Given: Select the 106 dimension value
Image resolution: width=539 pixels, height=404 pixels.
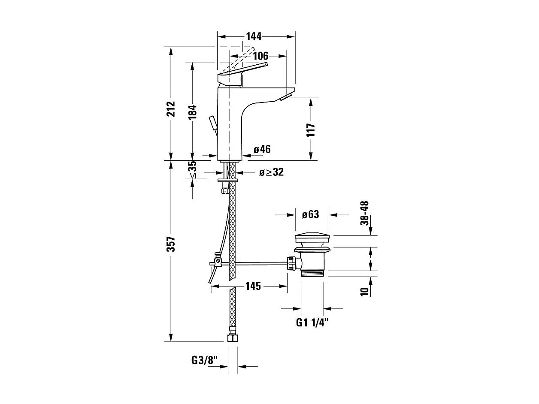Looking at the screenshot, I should (x=260, y=56).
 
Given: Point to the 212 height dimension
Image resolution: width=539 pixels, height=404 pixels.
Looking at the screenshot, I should (x=171, y=109).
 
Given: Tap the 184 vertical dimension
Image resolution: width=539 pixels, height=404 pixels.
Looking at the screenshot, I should (x=192, y=112).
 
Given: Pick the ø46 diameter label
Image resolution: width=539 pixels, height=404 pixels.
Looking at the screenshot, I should (x=262, y=149).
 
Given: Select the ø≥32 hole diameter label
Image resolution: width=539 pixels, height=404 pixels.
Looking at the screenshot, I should (x=271, y=172).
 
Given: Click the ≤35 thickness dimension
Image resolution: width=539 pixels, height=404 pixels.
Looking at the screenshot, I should (x=192, y=170).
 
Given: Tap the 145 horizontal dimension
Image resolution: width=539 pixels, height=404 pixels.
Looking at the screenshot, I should (x=253, y=286).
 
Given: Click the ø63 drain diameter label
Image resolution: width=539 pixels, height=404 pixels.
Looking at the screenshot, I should (x=310, y=214).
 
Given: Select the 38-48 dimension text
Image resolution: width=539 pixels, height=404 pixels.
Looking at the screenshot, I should (x=364, y=213).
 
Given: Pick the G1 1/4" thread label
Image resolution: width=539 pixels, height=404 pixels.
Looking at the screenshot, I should (x=312, y=323).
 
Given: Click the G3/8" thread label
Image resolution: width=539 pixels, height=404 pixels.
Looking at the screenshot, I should (x=205, y=360).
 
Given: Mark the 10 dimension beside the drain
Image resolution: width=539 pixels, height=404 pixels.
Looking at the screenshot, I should (x=364, y=292).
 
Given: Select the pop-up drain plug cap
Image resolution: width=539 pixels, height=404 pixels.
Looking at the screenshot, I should (x=312, y=238).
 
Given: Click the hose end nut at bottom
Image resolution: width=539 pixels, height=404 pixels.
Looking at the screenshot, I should (x=232, y=338).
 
